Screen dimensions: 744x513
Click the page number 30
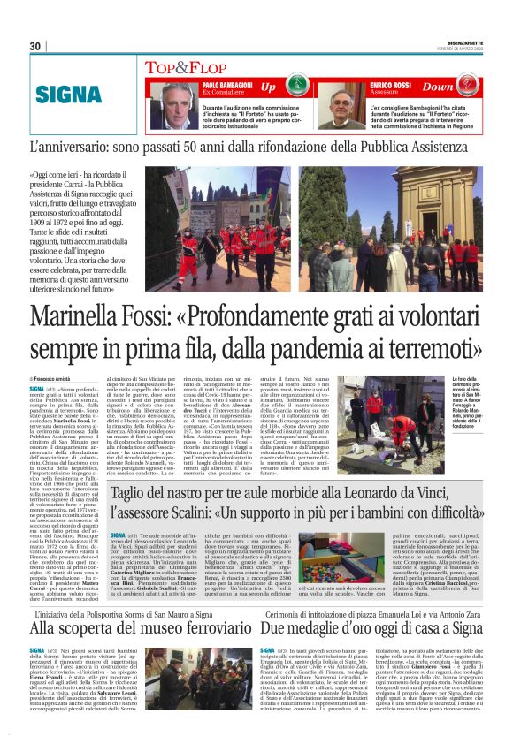click(35, 46)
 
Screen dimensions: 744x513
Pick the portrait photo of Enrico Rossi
click(335, 104)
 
